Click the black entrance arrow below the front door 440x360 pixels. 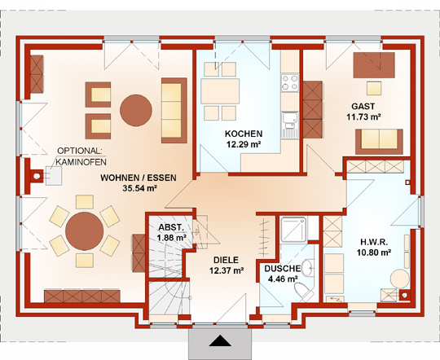[x=220, y=340]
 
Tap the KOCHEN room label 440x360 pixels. [x=244, y=134]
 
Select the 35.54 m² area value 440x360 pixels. [x=139, y=188]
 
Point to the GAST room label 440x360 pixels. [x=363, y=107]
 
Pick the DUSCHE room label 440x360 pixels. [x=283, y=269]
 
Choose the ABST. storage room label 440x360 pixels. [x=171, y=227]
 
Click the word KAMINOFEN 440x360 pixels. [x=81, y=162]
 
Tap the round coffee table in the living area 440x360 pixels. [x=136, y=110]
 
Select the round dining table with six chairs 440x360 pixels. [x=85, y=231]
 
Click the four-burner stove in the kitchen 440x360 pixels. [x=290, y=83]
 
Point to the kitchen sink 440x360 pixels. [x=290, y=125]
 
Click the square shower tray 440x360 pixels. [x=293, y=229]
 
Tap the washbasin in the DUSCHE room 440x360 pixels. [x=308, y=267]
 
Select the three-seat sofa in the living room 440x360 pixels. [x=174, y=110]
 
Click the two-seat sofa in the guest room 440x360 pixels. [x=379, y=142]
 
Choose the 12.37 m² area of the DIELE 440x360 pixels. [x=227, y=270]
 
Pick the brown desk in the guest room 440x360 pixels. [x=374, y=65]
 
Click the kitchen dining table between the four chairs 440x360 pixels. [x=220, y=91]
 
